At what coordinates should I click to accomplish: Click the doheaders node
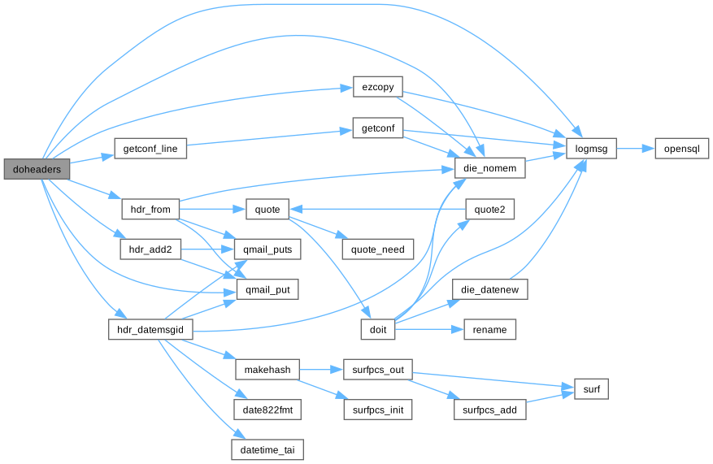[x=36, y=168]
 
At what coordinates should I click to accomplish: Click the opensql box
[x=682, y=149]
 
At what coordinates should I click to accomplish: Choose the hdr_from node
[x=150, y=209]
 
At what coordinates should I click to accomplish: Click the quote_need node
[x=377, y=249]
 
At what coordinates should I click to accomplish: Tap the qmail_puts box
[x=262, y=249]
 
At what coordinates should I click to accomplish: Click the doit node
[x=378, y=329]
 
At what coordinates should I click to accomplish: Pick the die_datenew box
[x=490, y=289]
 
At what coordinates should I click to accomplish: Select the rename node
[x=489, y=329]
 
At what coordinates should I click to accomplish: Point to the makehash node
[x=267, y=370]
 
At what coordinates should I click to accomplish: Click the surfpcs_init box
[x=377, y=410]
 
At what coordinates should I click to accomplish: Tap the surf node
[x=592, y=390]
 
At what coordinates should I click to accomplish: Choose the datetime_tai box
[x=267, y=449]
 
